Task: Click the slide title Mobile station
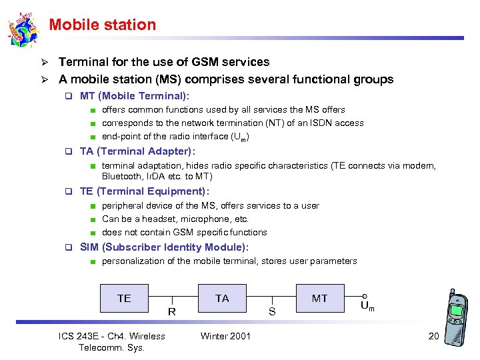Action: tap(102, 25)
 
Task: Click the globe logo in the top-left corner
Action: tap(23, 29)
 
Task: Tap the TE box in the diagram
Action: tap(124, 298)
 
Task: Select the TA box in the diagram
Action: tap(222, 298)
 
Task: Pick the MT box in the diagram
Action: tap(320, 298)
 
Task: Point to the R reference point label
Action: tap(172, 311)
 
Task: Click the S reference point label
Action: tap(272, 311)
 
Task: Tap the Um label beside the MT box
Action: tap(367, 307)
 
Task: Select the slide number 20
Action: tap(433, 336)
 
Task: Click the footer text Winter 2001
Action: tap(225, 336)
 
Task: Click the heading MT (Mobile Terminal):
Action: tap(135, 96)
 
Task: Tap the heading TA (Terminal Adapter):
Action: tap(137, 151)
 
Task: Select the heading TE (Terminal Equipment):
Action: tap(145, 191)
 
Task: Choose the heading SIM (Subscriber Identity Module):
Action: tap(164, 247)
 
